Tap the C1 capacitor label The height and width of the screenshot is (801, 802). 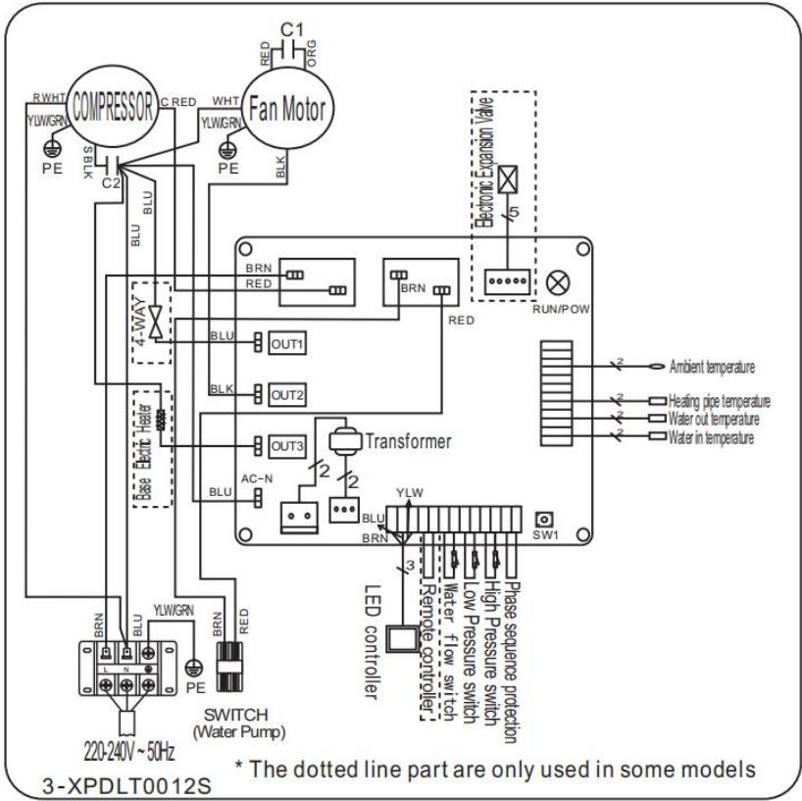(288, 28)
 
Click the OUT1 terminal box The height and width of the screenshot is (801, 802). (289, 343)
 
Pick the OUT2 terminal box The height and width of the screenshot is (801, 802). (289, 394)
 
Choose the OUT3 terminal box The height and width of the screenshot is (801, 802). (289, 446)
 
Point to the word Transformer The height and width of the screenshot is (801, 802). (409, 441)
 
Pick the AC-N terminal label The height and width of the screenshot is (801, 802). (253, 479)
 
